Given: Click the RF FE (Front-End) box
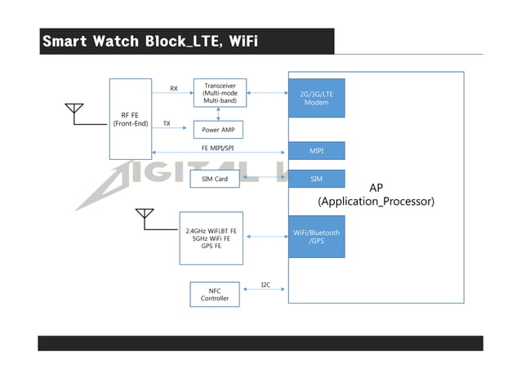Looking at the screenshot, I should click(130, 119).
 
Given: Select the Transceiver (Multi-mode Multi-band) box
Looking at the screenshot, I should click(218, 93).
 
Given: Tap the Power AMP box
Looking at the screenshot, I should click(218, 129).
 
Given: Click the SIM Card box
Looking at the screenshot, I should click(214, 178).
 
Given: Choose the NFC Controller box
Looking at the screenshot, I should click(215, 294).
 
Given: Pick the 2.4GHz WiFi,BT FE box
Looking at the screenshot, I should click(212, 237).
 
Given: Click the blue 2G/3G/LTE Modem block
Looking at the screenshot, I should click(316, 99).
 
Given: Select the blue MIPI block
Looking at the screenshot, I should click(316, 151).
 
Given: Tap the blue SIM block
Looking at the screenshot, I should click(316, 178).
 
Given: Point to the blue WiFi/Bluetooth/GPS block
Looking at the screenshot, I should click(316, 237).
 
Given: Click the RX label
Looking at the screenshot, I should click(173, 88).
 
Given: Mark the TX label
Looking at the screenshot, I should click(167, 124).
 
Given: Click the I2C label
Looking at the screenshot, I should click(265, 285).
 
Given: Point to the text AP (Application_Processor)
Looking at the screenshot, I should click(376, 194).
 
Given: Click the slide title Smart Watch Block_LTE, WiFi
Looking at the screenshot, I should click(150, 41).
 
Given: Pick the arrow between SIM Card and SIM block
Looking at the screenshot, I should click(264, 179).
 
